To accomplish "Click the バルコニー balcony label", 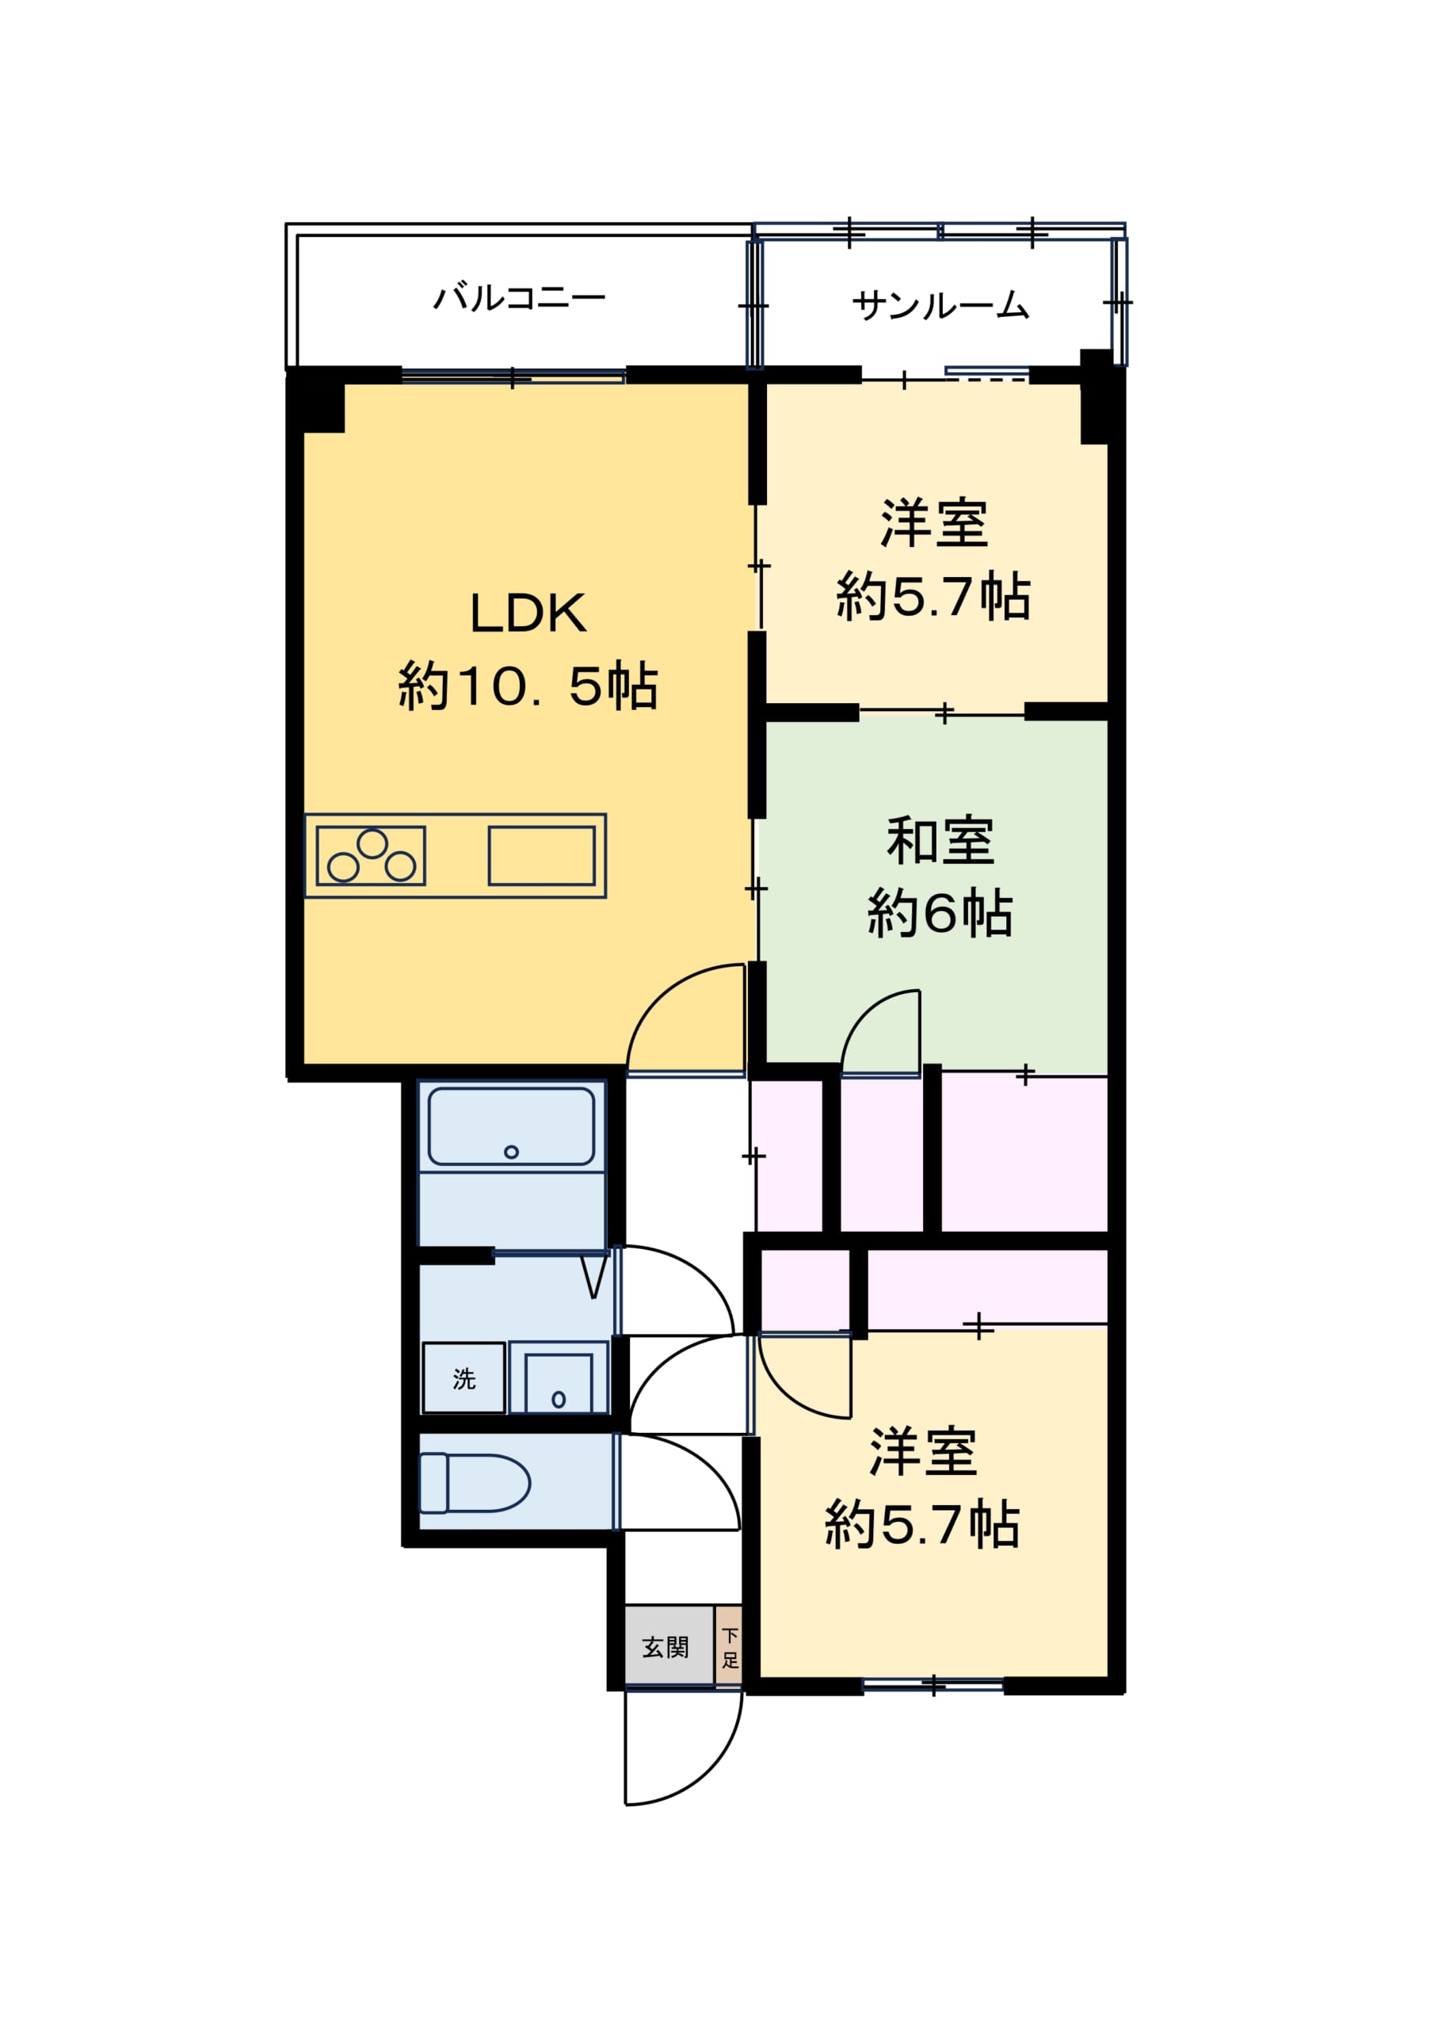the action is pyautogui.click(x=520, y=298).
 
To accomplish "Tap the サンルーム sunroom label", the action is pyautogui.click(x=940, y=305).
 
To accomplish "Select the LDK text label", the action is pyautogui.click(x=528, y=613).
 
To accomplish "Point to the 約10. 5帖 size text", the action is pyautogui.click(x=528, y=686).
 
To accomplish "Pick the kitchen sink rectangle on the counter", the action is pyautogui.click(x=542, y=855).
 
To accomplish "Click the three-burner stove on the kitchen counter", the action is pyautogui.click(x=371, y=855).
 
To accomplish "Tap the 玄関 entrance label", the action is pyautogui.click(x=666, y=1647).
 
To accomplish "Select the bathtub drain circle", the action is pyautogui.click(x=511, y=1152).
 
